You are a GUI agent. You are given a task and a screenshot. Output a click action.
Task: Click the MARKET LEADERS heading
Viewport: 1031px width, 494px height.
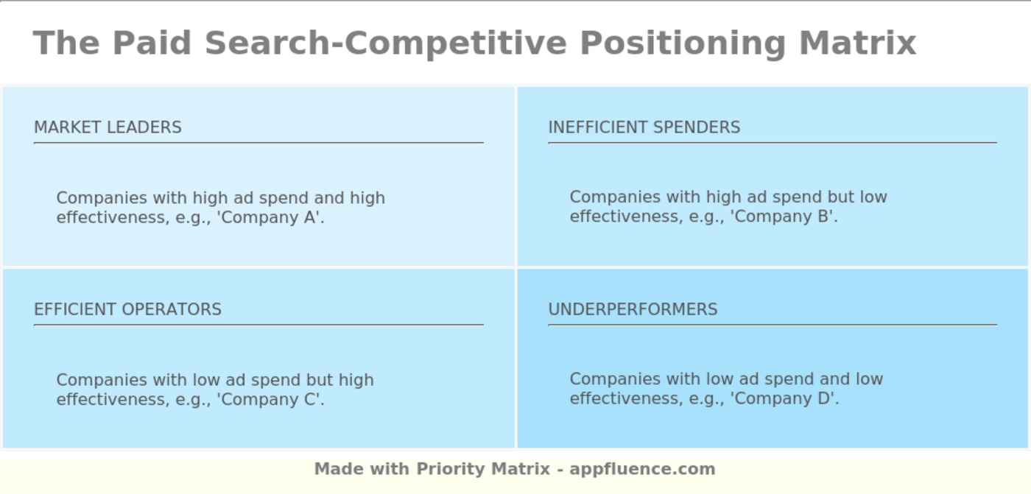click(x=108, y=127)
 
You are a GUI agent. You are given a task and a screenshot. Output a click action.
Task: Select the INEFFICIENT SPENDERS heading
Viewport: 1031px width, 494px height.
click(x=644, y=127)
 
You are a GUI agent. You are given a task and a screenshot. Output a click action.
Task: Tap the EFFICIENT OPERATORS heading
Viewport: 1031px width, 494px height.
click(x=127, y=309)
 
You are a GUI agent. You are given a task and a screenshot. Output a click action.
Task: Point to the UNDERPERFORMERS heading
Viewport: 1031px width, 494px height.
click(x=633, y=309)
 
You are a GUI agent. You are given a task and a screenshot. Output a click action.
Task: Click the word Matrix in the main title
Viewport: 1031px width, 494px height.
click(x=857, y=43)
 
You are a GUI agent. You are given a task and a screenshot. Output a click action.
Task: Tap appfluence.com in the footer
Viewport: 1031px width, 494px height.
click(x=642, y=469)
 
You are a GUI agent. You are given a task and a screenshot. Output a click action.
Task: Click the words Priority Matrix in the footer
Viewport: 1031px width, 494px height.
click(x=483, y=469)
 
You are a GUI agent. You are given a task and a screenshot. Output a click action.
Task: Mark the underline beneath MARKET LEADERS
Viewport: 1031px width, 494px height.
click(x=258, y=143)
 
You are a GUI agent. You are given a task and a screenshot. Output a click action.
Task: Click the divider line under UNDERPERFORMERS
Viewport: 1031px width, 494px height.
click(x=773, y=325)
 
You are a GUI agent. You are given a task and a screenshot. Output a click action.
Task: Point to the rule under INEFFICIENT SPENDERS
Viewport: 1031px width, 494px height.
click(x=773, y=143)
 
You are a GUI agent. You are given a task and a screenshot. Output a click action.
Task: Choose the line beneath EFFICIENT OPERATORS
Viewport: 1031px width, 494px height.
click(x=258, y=325)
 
